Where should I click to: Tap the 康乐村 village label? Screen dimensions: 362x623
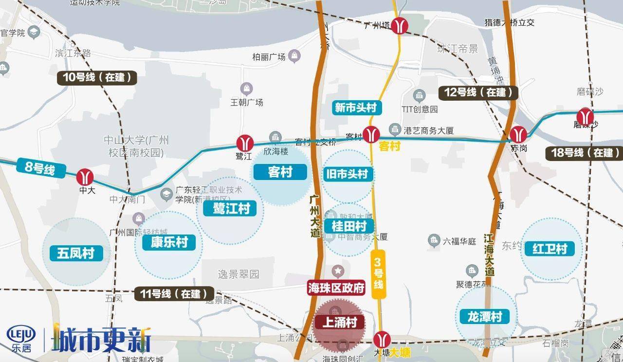click(169, 242)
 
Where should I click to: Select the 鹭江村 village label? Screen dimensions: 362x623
click(231, 208)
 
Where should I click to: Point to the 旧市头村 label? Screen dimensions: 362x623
click(348, 174)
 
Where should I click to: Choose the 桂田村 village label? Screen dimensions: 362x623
click(348, 226)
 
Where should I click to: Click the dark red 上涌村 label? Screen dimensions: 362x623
click(339, 322)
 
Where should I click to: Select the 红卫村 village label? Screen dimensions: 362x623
click(550, 249)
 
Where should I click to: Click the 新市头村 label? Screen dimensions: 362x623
click(356, 108)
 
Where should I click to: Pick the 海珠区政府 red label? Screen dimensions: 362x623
click(336, 288)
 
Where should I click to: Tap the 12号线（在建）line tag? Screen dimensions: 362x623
click(478, 92)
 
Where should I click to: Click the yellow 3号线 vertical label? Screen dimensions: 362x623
click(378, 274)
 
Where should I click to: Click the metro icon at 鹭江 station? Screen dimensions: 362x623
click(245, 143)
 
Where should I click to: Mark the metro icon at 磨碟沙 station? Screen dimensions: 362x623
click(585, 116)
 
